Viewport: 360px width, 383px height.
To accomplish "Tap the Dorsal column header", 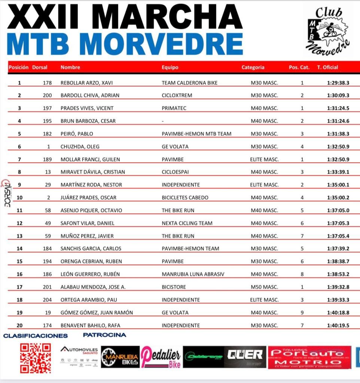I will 40,68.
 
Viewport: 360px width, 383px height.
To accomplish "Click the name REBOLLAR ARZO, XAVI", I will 86,83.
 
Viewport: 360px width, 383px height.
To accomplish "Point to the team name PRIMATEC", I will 174,108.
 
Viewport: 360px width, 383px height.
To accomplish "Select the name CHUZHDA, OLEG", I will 80,147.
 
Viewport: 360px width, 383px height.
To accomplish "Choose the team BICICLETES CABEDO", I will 185,197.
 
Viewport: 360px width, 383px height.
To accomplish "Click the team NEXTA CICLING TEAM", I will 187,223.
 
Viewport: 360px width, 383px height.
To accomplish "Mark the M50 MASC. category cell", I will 264,287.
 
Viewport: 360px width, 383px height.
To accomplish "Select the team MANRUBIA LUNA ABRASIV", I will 193,274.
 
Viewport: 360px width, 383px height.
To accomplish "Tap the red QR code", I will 36,358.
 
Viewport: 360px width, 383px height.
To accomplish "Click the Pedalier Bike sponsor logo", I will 161,357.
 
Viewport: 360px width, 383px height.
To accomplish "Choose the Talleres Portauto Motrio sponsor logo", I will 309,357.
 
